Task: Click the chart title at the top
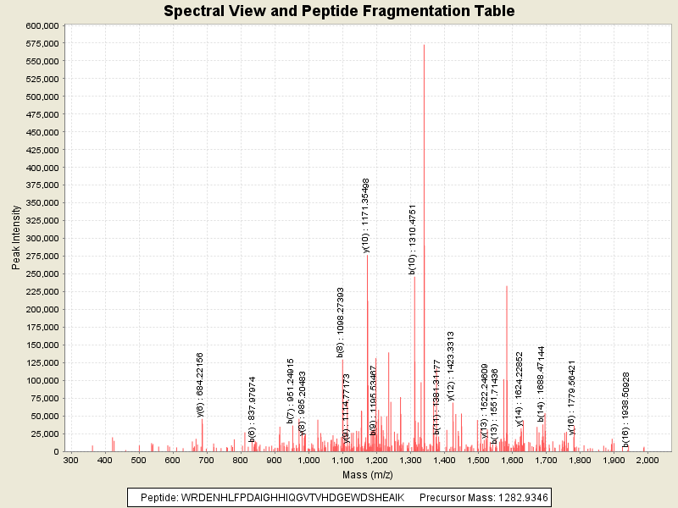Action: (x=339, y=11)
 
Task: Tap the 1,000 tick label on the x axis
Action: (x=308, y=460)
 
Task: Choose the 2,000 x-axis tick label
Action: (x=647, y=460)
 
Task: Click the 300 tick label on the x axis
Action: (x=70, y=460)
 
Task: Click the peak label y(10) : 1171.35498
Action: (x=366, y=215)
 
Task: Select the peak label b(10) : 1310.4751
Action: (x=413, y=240)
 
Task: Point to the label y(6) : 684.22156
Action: (x=200, y=384)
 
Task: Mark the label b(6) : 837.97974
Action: (x=252, y=410)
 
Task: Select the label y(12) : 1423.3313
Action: (x=452, y=366)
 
